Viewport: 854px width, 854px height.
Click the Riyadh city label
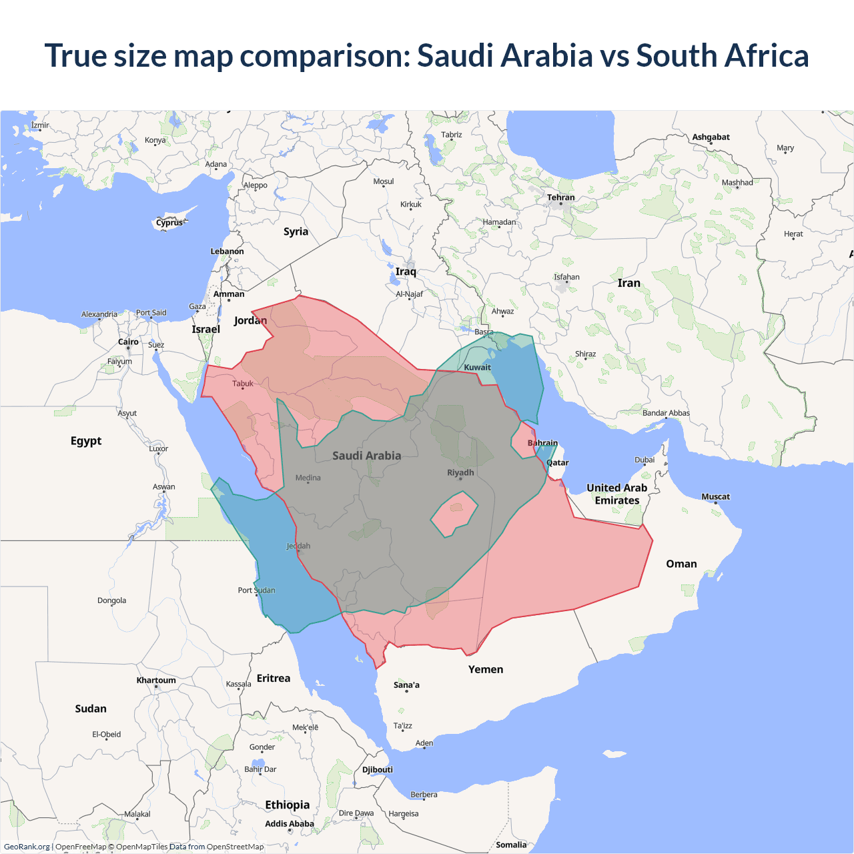pyautogui.click(x=460, y=473)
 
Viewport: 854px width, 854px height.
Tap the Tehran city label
pyautogui.click(x=560, y=197)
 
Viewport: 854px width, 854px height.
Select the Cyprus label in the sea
pyautogui.click(x=169, y=223)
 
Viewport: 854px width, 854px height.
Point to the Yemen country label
pyautogui.click(x=486, y=669)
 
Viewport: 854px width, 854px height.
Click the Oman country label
pyautogui.click(x=681, y=564)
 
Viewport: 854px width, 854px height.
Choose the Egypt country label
pyautogui.click(x=86, y=441)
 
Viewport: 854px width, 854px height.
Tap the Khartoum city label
pyautogui.click(x=156, y=681)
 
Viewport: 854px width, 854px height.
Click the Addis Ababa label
pyautogui.click(x=289, y=824)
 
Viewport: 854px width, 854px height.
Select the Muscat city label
pyautogui.click(x=715, y=496)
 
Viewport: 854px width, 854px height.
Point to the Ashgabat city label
pyautogui.click(x=711, y=137)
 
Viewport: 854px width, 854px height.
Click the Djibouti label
pyautogui.click(x=378, y=769)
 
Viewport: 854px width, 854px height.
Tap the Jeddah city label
pyautogui.click(x=298, y=546)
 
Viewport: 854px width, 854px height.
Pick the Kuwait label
pyautogui.click(x=477, y=367)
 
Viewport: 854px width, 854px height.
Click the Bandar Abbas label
pyautogui.click(x=666, y=413)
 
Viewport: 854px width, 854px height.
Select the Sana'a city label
pyautogui.click(x=406, y=685)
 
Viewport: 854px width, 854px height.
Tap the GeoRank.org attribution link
pyautogui.click(x=27, y=847)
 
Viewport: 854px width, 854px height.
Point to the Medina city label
pyautogui.click(x=308, y=478)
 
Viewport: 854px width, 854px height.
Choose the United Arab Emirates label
pyautogui.click(x=616, y=494)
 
